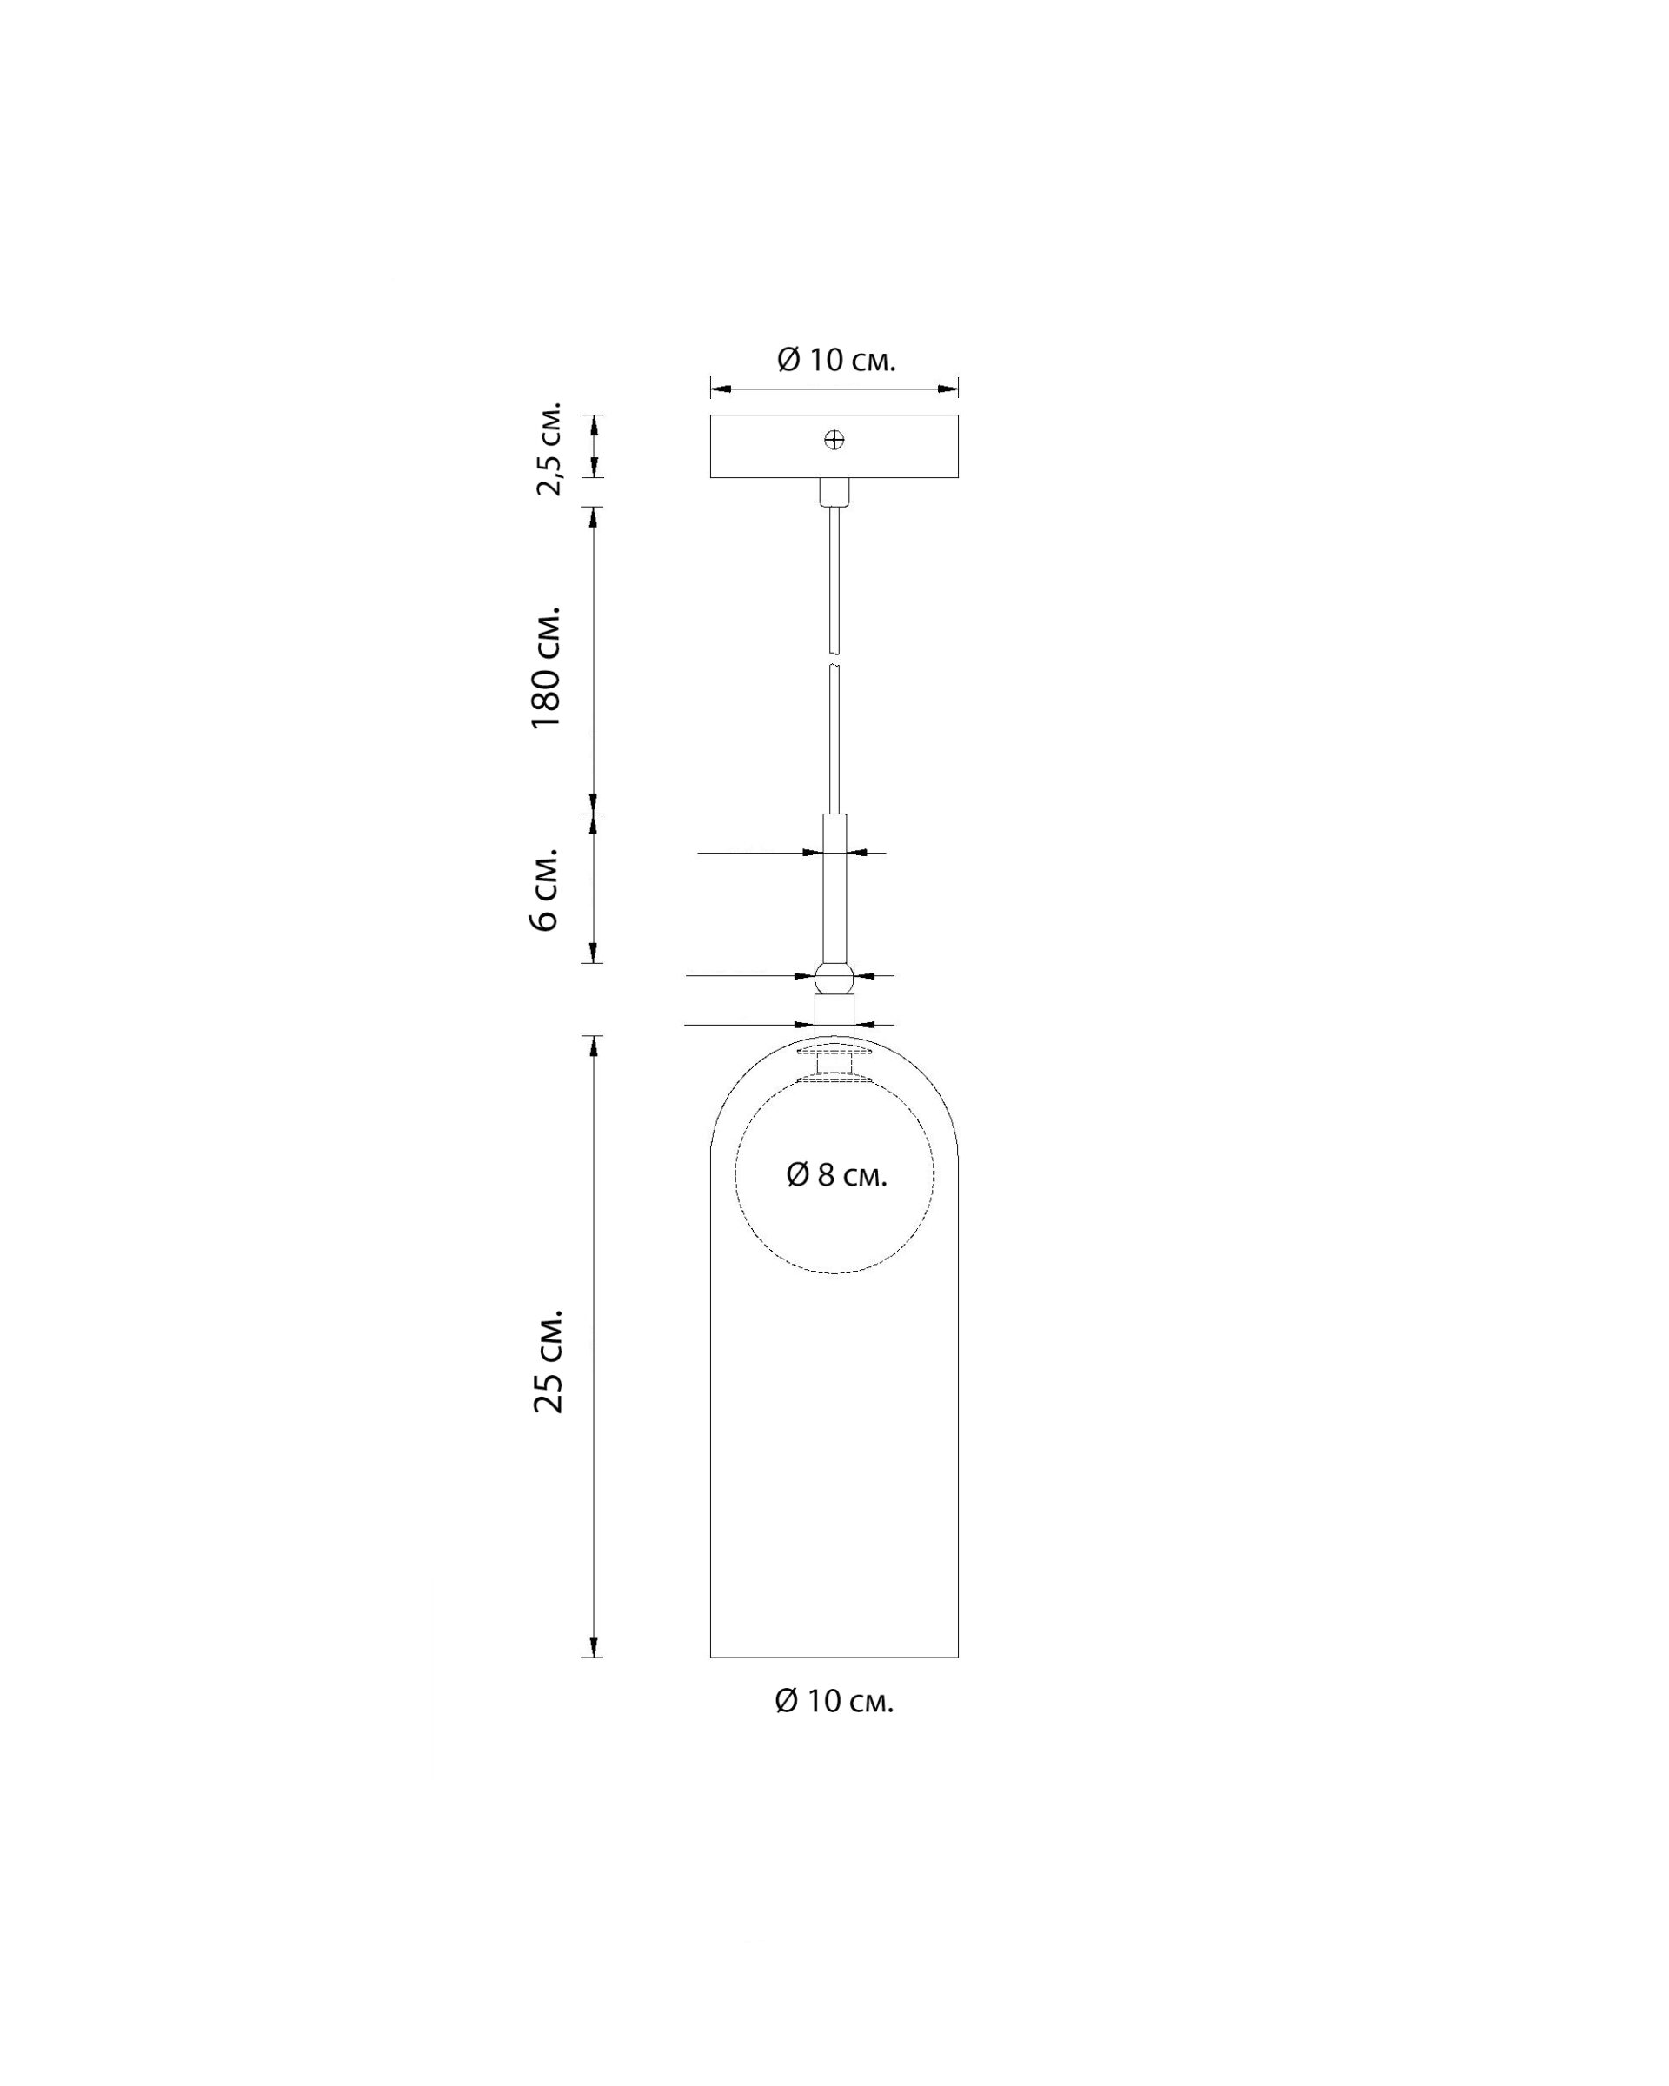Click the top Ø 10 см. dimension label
pos(836,360)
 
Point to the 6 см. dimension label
pos(545,889)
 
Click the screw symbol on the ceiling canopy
pos(834,440)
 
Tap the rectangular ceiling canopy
pos(834,446)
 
